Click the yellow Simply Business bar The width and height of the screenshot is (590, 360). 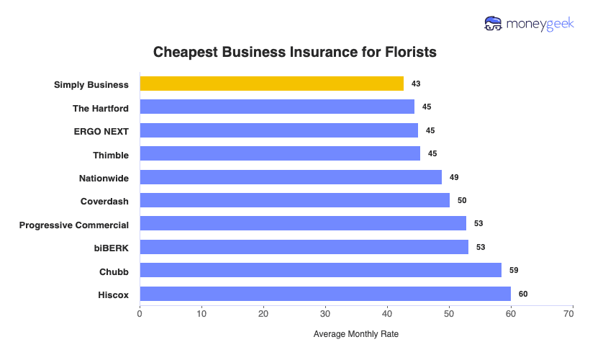[x=271, y=84]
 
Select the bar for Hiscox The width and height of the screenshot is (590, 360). [x=325, y=294]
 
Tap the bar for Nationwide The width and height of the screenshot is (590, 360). [x=291, y=177]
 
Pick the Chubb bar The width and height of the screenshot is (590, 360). [x=320, y=270]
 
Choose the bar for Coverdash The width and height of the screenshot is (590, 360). [x=294, y=200]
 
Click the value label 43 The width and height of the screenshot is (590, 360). [x=416, y=84]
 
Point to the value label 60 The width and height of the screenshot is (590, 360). [x=523, y=294]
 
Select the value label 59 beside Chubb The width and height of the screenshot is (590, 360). [x=514, y=271]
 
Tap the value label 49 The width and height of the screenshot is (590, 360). [x=454, y=177]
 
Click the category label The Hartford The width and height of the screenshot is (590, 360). [x=101, y=108]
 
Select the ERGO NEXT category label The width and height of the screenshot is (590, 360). [x=101, y=131]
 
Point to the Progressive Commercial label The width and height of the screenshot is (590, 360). [x=74, y=225]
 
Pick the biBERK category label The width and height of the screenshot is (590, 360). [x=111, y=248]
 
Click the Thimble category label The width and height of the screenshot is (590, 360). [x=111, y=155]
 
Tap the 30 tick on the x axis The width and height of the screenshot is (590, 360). [x=325, y=314]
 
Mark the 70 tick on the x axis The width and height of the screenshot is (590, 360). [x=573, y=314]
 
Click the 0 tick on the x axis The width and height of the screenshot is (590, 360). [x=140, y=314]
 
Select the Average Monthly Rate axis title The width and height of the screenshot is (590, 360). [x=356, y=335]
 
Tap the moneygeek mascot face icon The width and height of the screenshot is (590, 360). [x=494, y=24]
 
